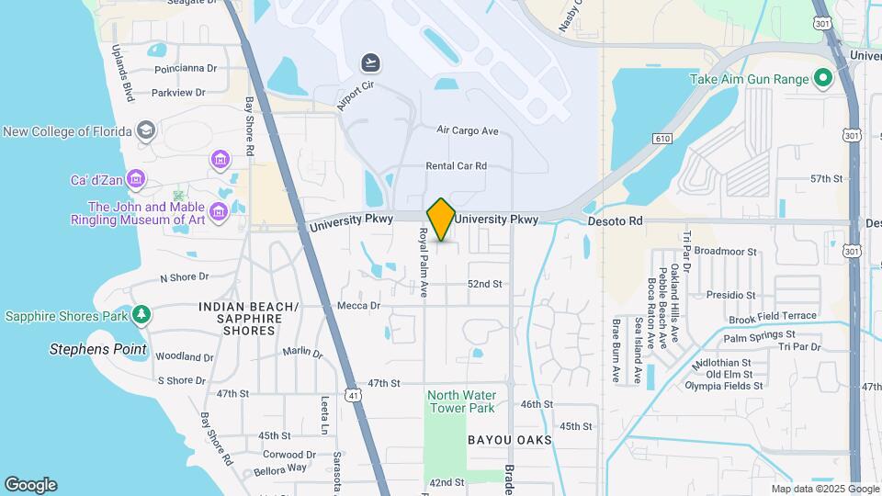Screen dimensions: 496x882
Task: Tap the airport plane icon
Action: [x=371, y=62]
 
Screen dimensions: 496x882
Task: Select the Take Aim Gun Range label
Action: [x=750, y=79]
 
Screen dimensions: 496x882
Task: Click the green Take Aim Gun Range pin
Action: [x=823, y=79]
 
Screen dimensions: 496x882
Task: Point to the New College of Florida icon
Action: [x=145, y=130]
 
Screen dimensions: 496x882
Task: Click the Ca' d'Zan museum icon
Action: [x=136, y=178]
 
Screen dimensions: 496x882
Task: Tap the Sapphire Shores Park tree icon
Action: [x=141, y=316]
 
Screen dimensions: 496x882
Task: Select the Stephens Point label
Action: [x=98, y=349]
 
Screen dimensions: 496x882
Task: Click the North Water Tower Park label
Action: [x=460, y=401]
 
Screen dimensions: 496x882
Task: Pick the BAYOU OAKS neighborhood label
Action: [x=510, y=440]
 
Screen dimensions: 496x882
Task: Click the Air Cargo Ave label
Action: [x=468, y=131]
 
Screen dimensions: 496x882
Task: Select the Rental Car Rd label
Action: [x=456, y=166]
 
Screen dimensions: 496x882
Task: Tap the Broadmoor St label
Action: [x=725, y=251]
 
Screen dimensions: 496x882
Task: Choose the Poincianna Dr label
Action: [x=186, y=68]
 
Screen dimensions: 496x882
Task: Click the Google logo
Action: [x=30, y=485]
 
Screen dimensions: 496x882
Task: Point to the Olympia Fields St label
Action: [x=724, y=386]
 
